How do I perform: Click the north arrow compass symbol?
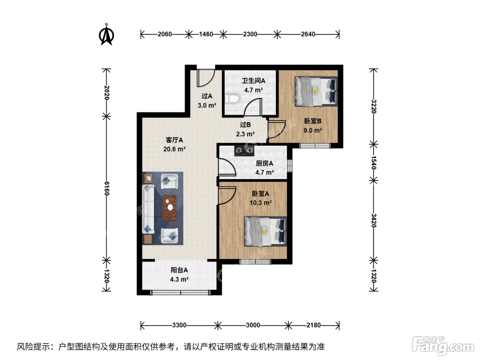[x=106, y=35]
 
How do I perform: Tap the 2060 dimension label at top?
[x=165, y=34]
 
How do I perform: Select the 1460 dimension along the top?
[x=206, y=34]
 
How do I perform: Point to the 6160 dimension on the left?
[x=107, y=189]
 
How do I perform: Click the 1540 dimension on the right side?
[x=373, y=163]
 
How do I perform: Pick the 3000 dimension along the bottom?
[x=253, y=325]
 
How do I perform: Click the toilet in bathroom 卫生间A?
[x=232, y=99]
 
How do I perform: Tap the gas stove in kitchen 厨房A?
[x=244, y=151]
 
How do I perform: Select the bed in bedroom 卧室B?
[x=316, y=91]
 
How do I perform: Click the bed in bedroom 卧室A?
[x=265, y=231]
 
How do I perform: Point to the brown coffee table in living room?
[x=169, y=208]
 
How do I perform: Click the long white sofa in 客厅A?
[x=148, y=209]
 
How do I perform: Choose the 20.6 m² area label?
[x=174, y=149]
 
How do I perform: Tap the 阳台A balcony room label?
[x=179, y=270]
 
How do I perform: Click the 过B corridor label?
[x=245, y=124]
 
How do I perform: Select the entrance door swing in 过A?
[x=206, y=78]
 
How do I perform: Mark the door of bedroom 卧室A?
[x=227, y=195]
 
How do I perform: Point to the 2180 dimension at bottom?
[x=313, y=325]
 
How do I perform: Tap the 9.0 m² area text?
[x=313, y=131]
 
